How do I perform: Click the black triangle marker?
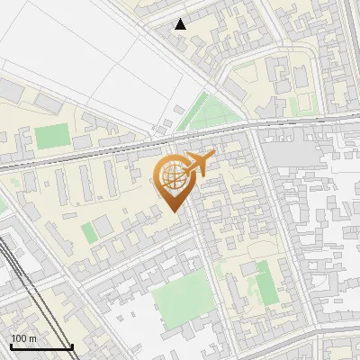coord(181,24)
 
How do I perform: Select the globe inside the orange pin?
coord(172,178)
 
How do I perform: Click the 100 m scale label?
coord(24,337)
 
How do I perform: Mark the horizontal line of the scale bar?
coord(41,346)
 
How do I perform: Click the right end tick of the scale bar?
coord(73,345)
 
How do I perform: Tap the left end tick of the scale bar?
coord(10,345)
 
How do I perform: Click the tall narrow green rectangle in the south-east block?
coord(264,283)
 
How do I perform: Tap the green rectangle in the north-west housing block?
coord(51,138)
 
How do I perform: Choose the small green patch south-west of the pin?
coord(88,233)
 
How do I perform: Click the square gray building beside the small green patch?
coord(103,225)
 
